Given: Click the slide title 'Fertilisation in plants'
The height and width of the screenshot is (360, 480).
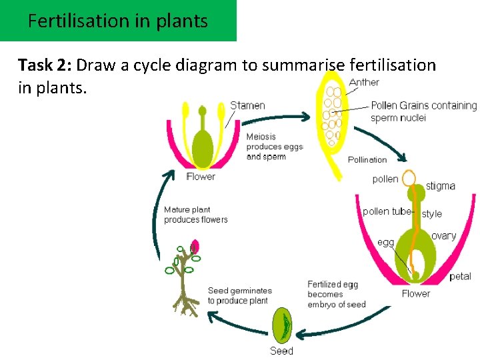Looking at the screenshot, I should pyautogui.click(x=118, y=21).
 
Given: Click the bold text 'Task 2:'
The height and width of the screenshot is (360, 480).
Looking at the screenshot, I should pyautogui.click(x=45, y=65).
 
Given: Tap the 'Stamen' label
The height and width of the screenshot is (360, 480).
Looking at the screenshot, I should pyautogui.click(x=247, y=105).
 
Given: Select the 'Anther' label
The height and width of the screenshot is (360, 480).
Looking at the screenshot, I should pyautogui.click(x=364, y=82).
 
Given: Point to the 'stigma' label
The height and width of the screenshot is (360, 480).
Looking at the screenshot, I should pyautogui.click(x=440, y=186).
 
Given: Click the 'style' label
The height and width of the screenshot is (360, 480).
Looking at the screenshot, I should pyautogui.click(x=432, y=214).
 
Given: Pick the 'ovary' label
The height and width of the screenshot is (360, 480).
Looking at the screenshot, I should pyautogui.click(x=443, y=236).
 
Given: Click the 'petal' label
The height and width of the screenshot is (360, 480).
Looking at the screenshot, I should pyautogui.click(x=460, y=276).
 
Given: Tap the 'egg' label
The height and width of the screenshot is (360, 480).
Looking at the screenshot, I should pyautogui.click(x=386, y=242).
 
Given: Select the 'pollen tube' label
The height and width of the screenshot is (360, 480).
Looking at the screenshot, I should pyautogui.click(x=387, y=211).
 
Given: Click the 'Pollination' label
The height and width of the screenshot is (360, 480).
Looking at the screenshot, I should pyautogui.click(x=367, y=159).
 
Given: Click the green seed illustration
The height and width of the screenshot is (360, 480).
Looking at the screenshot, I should pyautogui.click(x=283, y=325).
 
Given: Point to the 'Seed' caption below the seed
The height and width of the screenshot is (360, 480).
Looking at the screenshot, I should pyautogui.click(x=281, y=351).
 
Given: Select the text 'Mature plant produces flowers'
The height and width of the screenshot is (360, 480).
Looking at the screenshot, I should pyautogui.click(x=195, y=215).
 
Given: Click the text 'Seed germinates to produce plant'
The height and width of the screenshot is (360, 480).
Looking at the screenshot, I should pyautogui.click(x=239, y=295).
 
